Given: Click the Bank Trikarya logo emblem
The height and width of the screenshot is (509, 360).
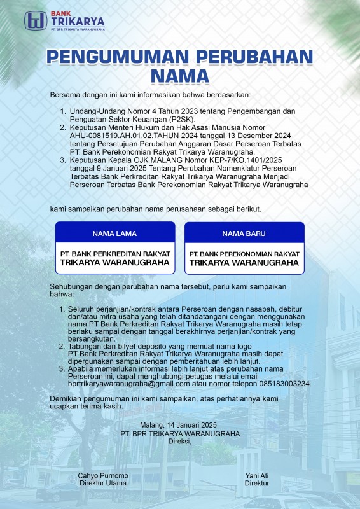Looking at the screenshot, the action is [x=35, y=20].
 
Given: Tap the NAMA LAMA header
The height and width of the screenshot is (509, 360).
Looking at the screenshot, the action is [x=114, y=234].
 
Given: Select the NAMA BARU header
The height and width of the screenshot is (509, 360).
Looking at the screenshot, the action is [x=244, y=234].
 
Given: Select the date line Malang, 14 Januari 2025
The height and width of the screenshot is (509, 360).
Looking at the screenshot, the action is [x=180, y=426].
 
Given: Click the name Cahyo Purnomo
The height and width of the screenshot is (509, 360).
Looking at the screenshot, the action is [x=103, y=475].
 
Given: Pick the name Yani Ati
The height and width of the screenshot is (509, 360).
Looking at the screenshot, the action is [x=256, y=475].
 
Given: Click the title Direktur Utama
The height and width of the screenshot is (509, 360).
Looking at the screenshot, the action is [x=103, y=483].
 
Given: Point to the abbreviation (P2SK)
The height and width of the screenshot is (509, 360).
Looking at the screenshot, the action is [x=182, y=119].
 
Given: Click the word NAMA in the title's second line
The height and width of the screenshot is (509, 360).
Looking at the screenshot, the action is [x=179, y=76].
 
